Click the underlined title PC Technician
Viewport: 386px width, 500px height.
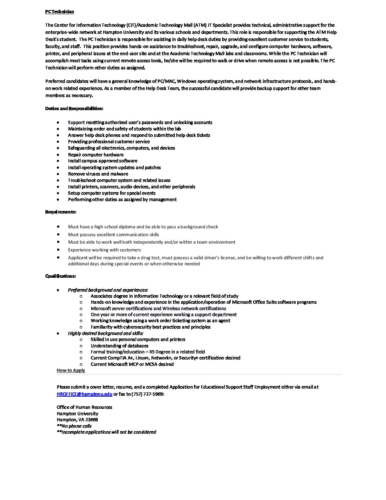click(x=60, y=12)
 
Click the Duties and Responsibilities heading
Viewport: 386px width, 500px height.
click(x=74, y=108)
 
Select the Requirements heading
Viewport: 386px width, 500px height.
click(x=61, y=212)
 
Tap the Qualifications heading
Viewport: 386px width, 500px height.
click(x=61, y=276)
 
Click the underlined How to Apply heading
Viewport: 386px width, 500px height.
click(x=71, y=370)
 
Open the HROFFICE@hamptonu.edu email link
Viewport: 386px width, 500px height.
click(x=84, y=394)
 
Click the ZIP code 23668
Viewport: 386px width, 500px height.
click(x=92, y=420)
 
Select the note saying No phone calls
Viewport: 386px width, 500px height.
click(x=74, y=426)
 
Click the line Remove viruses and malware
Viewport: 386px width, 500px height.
click(x=98, y=174)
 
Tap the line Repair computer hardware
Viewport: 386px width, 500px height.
click(x=96, y=155)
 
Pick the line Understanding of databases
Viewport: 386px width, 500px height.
click(x=120, y=346)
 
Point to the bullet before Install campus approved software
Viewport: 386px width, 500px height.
click(x=58, y=161)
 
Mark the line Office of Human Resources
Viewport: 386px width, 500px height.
click(x=84, y=407)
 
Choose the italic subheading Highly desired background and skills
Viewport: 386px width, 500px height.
click(x=105, y=333)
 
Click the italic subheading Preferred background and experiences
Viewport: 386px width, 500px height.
click(x=108, y=290)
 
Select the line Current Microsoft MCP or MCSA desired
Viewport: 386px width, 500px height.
click(x=132, y=364)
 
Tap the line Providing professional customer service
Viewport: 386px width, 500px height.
click(x=109, y=142)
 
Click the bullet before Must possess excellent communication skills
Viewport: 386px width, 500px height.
click(x=58, y=234)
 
